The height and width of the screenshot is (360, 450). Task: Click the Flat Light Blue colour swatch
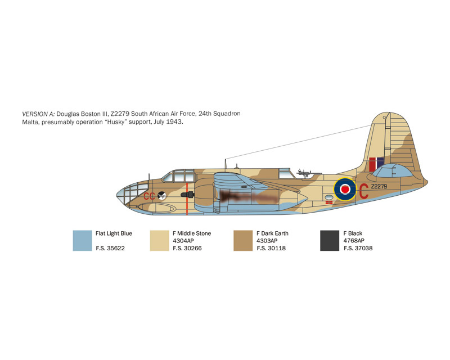pyautogui.click(x=82, y=241)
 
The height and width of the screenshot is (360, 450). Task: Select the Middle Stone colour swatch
pyautogui.click(x=160, y=241)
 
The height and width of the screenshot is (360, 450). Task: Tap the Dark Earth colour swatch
pyautogui.click(x=243, y=241)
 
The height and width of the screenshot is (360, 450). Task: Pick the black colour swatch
pyautogui.click(x=330, y=241)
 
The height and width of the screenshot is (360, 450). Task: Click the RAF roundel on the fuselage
pyautogui.click(x=345, y=189)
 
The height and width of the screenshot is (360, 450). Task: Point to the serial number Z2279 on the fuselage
pyautogui.click(x=379, y=186)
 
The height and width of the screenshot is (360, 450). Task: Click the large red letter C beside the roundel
pyautogui.click(x=363, y=191)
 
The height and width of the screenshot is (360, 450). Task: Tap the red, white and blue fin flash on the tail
pyautogui.click(x=376, y=164)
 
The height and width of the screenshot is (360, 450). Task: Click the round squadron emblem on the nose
pyautogui.click(x=162, y=196)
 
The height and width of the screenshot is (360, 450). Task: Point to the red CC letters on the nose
pyautogui.click(x=149, y=196)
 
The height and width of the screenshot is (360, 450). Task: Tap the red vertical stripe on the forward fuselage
pyautogui.click(x=187, y=199)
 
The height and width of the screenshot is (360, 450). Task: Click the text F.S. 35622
pyautogui.click(x=110, y=248)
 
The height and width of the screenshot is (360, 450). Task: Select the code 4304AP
pyautogui.click(x=183, y=241)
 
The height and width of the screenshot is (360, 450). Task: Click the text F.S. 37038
pyautogui.click(x=358, y=248)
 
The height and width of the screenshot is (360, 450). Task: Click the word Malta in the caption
pyautogui.click(x=30, y=122)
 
